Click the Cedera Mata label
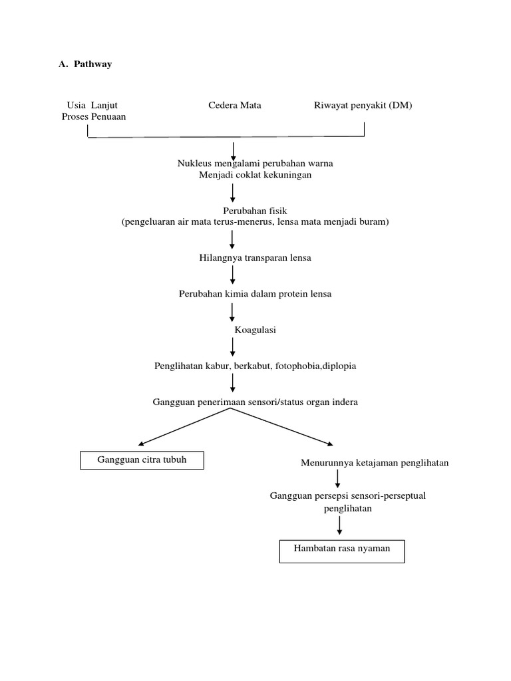234,105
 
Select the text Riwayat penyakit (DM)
363,105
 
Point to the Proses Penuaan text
89,116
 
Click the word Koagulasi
255,330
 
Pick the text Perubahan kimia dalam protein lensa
255,293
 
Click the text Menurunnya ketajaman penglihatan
375,463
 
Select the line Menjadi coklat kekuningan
255,175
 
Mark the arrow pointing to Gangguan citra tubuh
183,427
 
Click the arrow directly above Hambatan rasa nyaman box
340,525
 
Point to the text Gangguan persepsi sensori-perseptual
347,496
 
